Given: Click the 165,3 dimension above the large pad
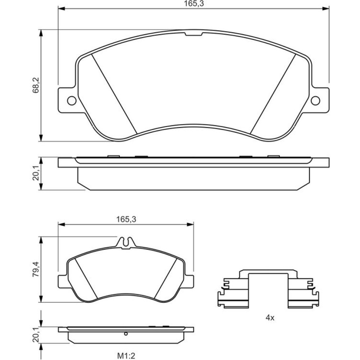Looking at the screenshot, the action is click(x=194, y=4).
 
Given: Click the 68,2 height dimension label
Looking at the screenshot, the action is click(x=36, y=85).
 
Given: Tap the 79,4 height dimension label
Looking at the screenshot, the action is click(x=36, y=269).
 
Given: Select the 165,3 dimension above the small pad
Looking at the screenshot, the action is click(x=126, y=220).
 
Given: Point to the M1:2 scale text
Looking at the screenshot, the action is click(x=126, y=356).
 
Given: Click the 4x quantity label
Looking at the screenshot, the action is click(x=270, y=318).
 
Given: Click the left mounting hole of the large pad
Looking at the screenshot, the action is click(x=72, y=100).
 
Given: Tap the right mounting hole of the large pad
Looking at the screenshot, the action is click(x=315, y=100).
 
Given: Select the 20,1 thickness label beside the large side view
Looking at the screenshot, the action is click(x=36, y=174).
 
